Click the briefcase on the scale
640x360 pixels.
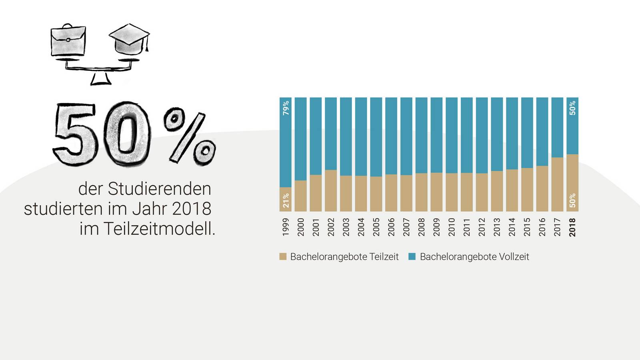68,40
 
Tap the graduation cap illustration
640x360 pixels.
128,38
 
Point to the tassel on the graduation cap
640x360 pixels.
147,45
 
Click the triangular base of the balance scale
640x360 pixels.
100,79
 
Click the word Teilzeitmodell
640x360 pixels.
159,229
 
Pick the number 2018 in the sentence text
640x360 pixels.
192,209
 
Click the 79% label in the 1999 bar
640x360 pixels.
286,108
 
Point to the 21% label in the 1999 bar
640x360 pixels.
286,200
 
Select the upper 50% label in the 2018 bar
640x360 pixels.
572,108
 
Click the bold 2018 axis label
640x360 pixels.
572,227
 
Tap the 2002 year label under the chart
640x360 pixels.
331,227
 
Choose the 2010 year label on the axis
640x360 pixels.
452,227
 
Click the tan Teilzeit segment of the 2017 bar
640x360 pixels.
557,184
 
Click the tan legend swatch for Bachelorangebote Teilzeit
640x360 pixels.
283,257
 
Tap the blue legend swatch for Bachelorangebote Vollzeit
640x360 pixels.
412,257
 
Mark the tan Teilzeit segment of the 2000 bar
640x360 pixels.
300,196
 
